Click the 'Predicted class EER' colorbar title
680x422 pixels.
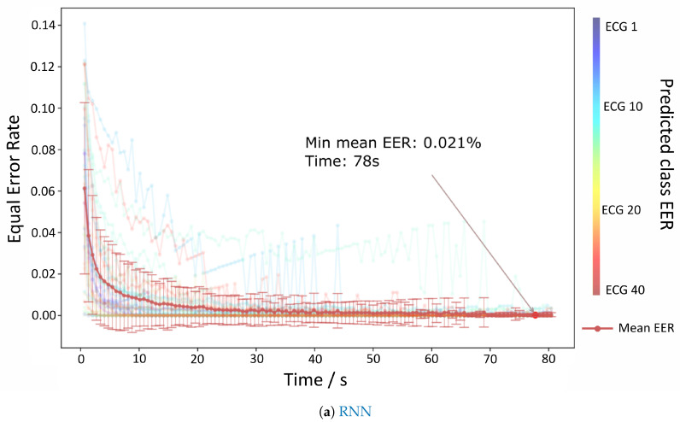point(665,155)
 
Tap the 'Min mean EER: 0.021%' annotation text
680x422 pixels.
point(393,143)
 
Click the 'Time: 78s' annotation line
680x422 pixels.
point(342,161)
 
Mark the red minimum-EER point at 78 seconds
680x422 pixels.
point(536,315)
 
